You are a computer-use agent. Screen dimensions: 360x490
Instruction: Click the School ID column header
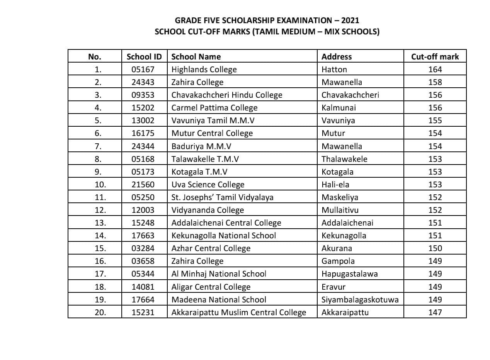point(144,57)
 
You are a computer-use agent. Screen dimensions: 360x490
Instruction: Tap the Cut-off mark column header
point(435,57)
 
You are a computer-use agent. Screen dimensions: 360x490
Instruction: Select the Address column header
point(337,57)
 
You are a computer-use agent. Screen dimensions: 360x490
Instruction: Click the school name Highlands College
point(204,70)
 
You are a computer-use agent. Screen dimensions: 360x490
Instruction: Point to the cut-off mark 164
point(435,70)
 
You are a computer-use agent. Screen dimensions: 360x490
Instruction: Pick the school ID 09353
point(143,95)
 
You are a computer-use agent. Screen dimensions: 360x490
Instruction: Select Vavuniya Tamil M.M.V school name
point(213,121)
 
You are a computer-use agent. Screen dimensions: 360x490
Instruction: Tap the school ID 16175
point(143,133)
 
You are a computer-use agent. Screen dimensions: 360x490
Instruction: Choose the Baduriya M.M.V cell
point(201,146)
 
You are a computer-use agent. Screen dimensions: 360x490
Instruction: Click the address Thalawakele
point(344,159)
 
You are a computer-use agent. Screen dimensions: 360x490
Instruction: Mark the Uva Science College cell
point(208,184)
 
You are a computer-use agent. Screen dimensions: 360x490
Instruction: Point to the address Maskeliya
point(340,197)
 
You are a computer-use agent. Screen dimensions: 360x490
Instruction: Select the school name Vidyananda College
point(208,210)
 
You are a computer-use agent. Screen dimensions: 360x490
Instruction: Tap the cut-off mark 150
point(435,248)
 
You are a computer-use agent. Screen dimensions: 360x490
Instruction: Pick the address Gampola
point(338,261)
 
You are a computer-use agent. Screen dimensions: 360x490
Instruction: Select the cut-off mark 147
point(435,312)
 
